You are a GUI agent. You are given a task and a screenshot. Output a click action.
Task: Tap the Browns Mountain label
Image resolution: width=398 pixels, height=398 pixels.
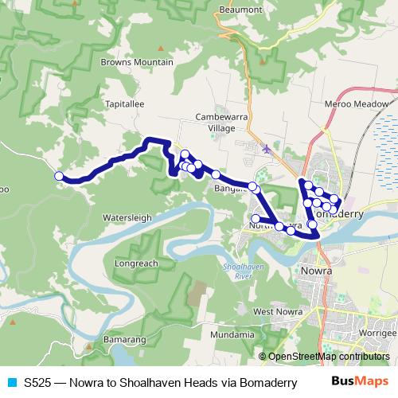pos(137,62)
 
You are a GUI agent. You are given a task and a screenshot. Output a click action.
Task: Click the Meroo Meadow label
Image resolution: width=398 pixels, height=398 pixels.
pos(357,103)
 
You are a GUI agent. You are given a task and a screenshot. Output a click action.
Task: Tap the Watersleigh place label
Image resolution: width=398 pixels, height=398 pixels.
pos(127,217)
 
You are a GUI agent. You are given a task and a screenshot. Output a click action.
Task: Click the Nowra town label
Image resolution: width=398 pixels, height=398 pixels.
pos(317,270)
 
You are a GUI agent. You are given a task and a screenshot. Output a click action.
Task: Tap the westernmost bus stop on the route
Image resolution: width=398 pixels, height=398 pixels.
pos(58,176)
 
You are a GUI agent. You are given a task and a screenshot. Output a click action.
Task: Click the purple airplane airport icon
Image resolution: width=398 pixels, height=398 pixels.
pos(265,148)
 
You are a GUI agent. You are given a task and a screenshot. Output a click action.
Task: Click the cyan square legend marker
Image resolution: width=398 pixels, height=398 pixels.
pos(11,381)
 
